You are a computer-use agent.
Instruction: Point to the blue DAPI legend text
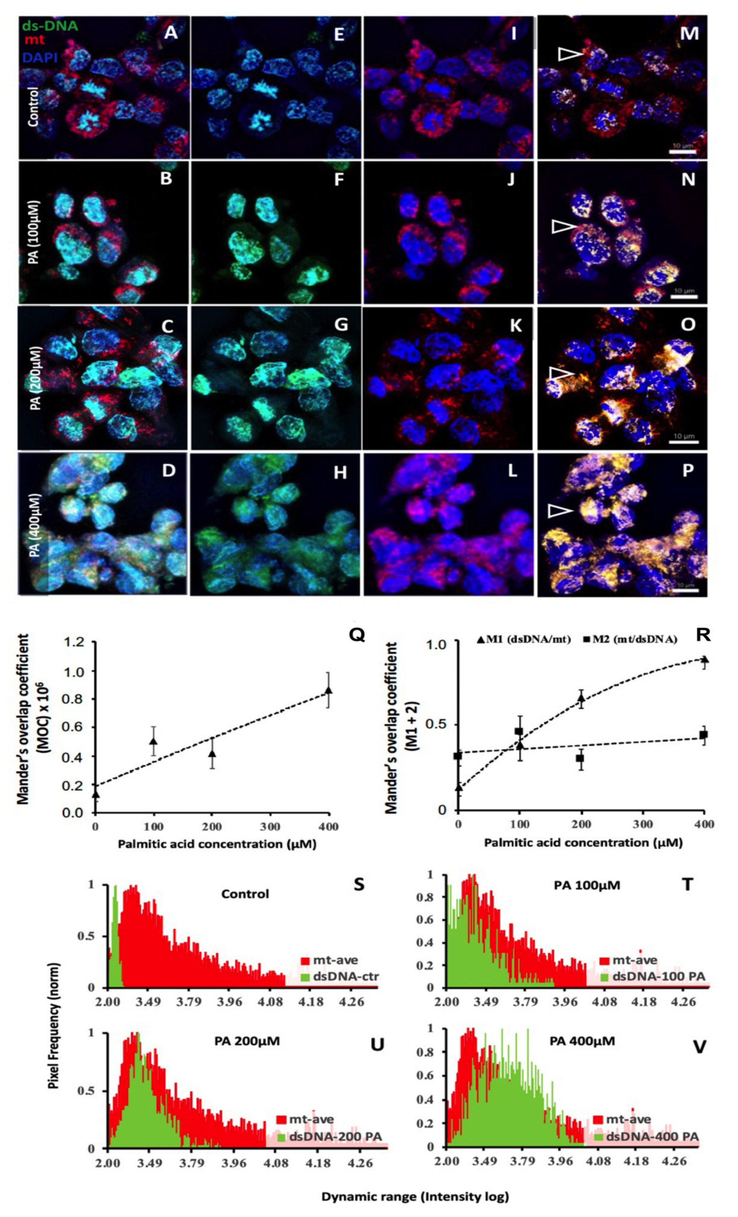click(x=39, y=58)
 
